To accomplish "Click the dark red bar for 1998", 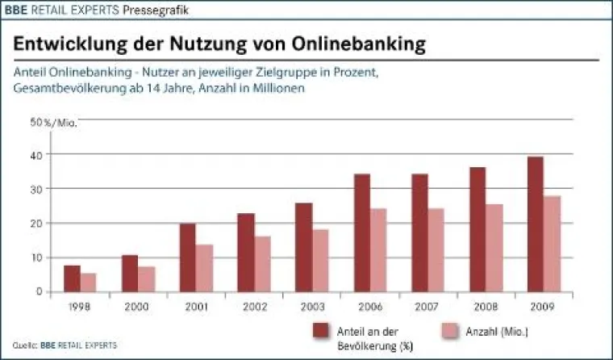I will [72, 278].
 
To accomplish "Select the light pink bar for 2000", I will [147, 279].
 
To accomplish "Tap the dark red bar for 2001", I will [187, 257].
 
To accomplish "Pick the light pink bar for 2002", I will [263, 264].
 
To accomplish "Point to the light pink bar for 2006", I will [379, 250].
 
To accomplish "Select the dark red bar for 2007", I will [419, 233].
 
